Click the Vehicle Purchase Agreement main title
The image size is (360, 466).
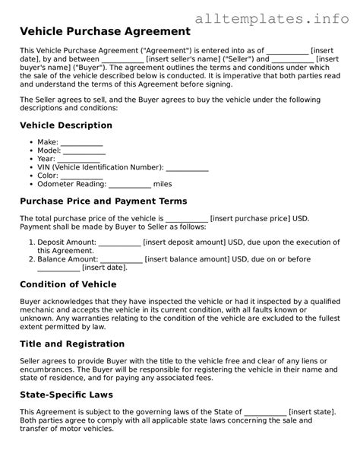click(x=105, y=32)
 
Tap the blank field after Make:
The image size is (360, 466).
click(x=81, y=143)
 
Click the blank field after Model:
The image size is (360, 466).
click(x=84, y=153)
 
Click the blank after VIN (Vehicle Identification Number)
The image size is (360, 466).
click(x=187, y=167)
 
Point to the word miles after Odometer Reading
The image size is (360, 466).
click(x=163, y=184)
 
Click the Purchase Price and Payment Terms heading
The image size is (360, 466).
click(x=103, y=201)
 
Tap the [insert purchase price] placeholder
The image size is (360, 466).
click(x=249, y=218)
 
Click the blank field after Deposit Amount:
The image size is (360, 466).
click(x=120, y=243)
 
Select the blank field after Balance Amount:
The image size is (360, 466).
click(x=122, y=259)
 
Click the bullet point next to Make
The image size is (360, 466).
click(x=29, y=143)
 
